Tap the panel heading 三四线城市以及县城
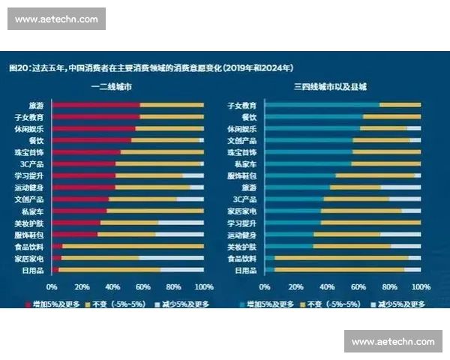(330, 87)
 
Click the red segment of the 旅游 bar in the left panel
(95, 105)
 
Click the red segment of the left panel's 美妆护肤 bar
(76, 223)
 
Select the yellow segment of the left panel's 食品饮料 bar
(132, 246)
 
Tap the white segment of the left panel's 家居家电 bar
(171, 258)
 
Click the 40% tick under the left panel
(112, 286)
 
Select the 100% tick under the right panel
(420, 286)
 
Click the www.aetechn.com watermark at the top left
(56, 19)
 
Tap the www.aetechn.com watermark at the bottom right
(393, 341)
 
